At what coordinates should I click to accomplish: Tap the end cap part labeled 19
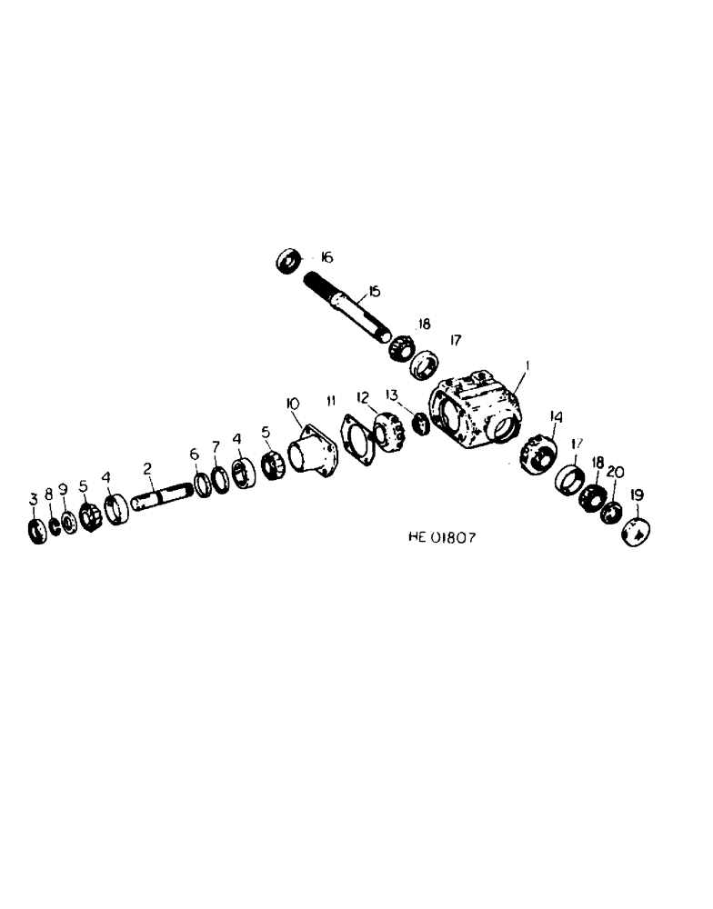(635, 531)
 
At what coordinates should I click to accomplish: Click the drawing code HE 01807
(441, 537)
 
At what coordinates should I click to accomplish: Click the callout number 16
(326, 259)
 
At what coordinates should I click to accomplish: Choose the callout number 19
(637, 494)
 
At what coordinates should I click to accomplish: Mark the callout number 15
(373, 293)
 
